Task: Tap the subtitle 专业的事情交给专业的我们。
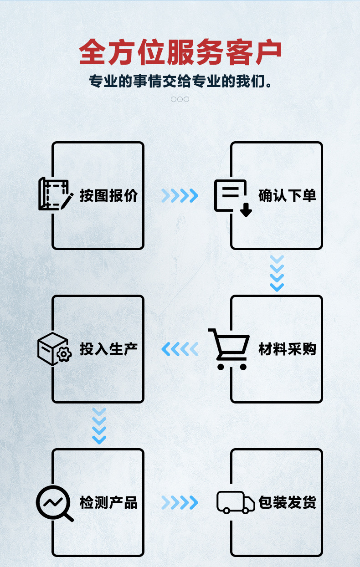pos(180,82)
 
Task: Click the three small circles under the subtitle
pos(180,99)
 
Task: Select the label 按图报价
pos(108,196)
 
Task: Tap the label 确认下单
pos(287,196)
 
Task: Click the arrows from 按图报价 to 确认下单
pos(180,196)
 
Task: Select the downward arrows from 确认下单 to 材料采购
pos(277,273)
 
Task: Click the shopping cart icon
pos(229,349)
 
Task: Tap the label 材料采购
pos(287,349)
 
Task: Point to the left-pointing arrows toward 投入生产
pos(180,349)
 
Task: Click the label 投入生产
pos(108,349)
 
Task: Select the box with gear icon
pos(54,349)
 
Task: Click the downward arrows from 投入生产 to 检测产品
pos(99,426)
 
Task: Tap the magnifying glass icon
pos(54,503)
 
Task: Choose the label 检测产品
pos(108,503)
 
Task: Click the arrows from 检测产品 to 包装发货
pos(180,503)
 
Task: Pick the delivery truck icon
pos(235,503)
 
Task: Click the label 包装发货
pos(287,503)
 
